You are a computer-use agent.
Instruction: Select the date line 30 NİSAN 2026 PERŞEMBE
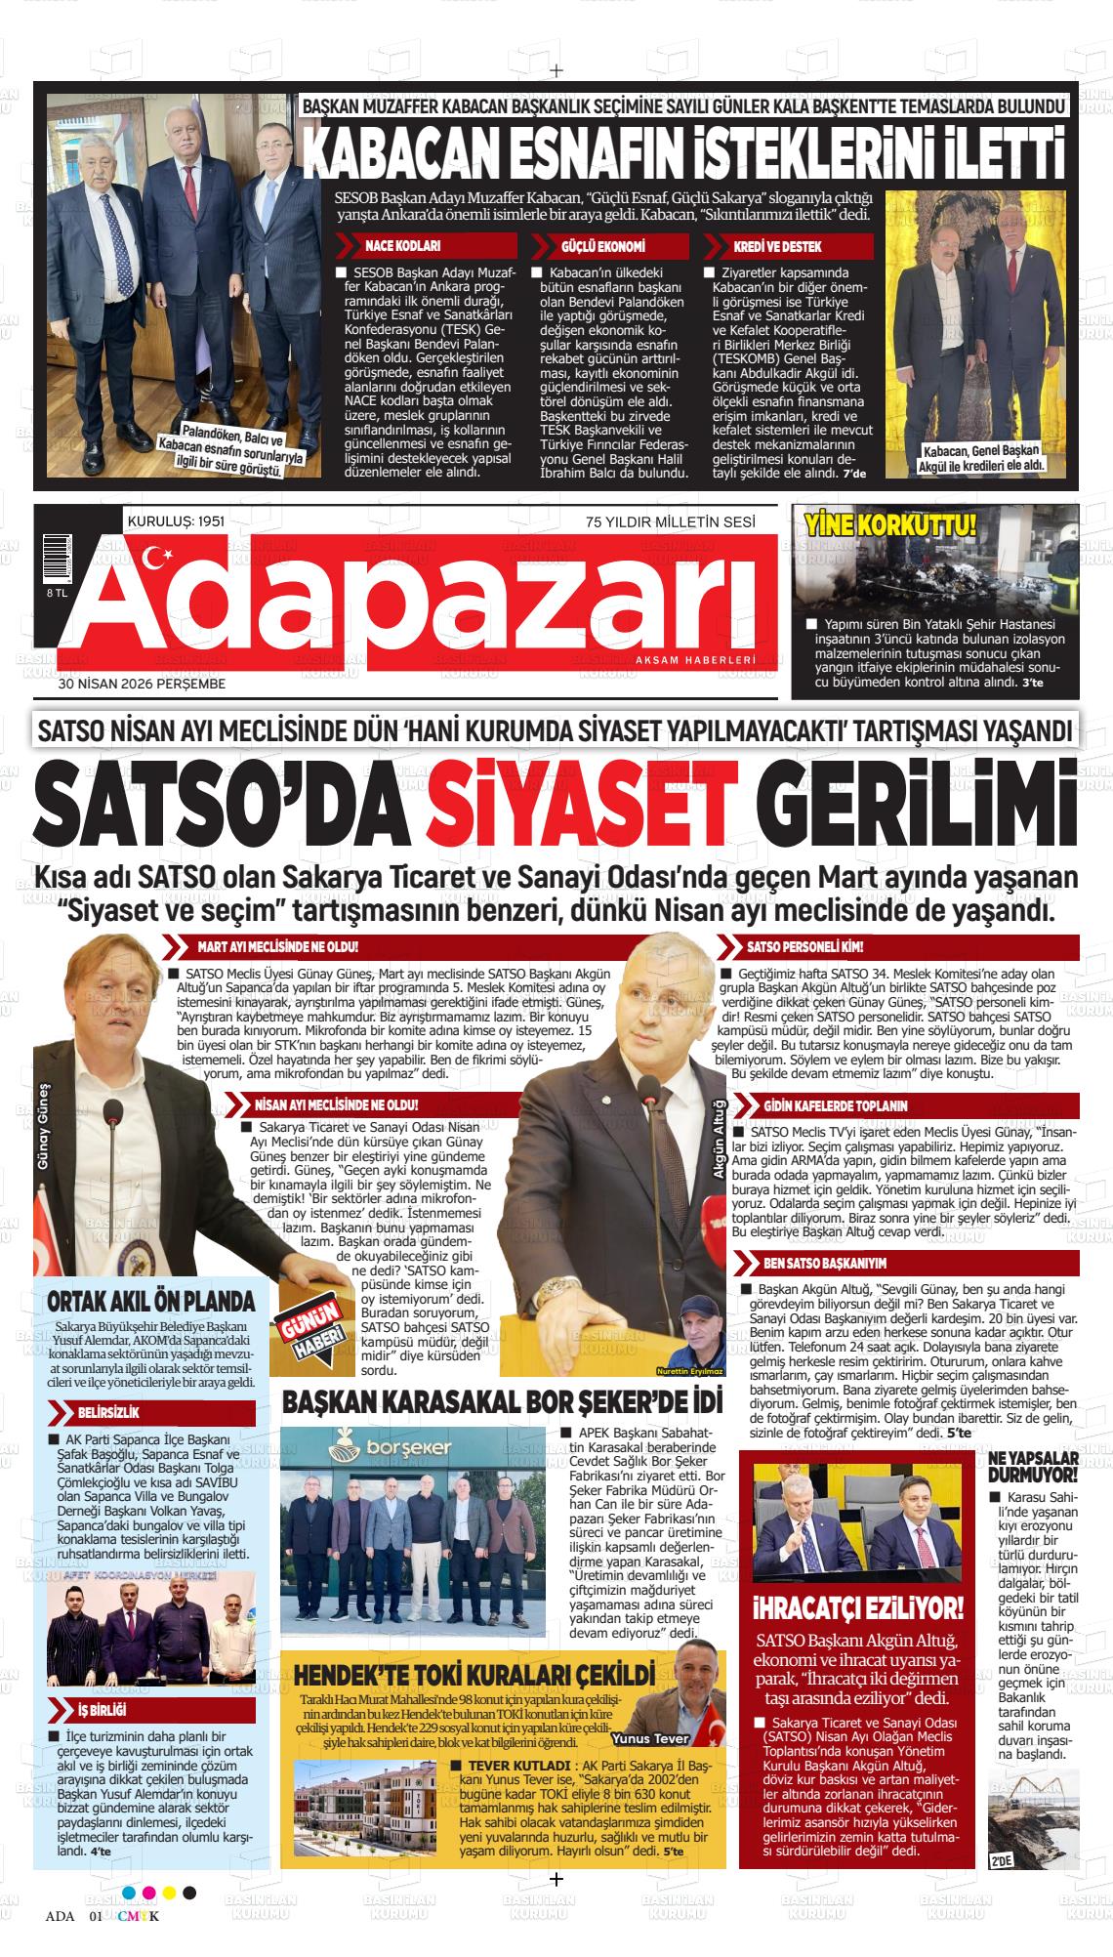point(142,684)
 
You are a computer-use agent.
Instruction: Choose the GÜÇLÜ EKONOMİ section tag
point(602,247)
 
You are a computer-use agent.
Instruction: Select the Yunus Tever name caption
point(650,1739)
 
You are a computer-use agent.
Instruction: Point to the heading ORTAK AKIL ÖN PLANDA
point(151,1302)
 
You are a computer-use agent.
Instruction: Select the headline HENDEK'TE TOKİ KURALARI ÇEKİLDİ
point(467,1676)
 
